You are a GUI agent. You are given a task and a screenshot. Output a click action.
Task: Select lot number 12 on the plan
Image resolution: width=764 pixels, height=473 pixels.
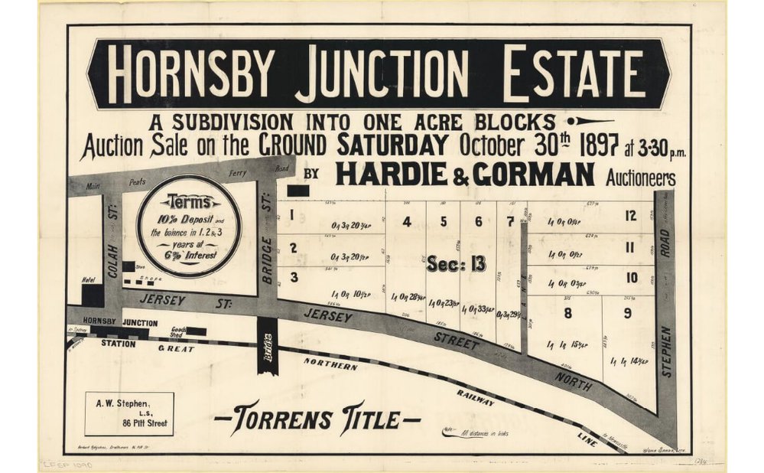(x=630, y=217)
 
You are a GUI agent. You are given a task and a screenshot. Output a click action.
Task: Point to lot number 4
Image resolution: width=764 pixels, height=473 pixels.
(x=407, y=223)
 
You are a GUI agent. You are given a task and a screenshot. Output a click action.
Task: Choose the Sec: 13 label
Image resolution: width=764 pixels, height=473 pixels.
(x=456, y=264)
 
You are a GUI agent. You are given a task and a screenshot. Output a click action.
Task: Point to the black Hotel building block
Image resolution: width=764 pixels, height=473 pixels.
(x=93, y=295)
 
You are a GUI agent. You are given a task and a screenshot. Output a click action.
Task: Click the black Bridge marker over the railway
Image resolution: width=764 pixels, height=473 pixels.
(x=267, y=352)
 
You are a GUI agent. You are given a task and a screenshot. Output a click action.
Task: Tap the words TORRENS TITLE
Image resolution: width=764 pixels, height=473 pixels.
(x=317, y=419)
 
